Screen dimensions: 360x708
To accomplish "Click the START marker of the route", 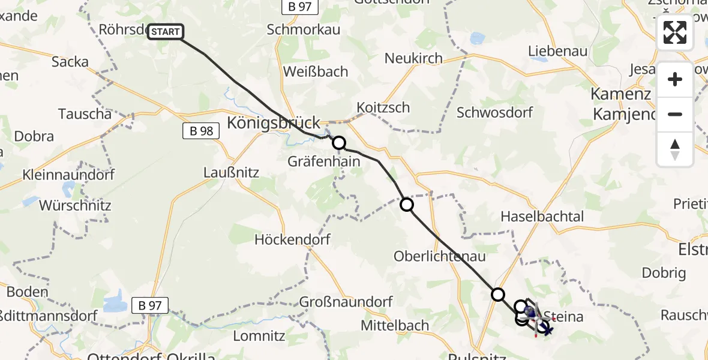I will pyautogui.click(x=166, y=32).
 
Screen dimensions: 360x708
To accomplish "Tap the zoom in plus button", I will pyautogui.click(x=675, y=79).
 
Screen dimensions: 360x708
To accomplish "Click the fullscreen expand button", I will pyautogui.click(x=675, y=32).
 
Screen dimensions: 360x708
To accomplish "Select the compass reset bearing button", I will pyautogui.click(x=675, y=149).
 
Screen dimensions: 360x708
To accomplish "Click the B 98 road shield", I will pyautogui.click(x=200, y=131).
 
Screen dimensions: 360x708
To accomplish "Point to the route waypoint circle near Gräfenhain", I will pyautogui.click(x=339, y=143).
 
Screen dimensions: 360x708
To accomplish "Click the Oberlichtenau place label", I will pyautogui.click(x=430, y=256).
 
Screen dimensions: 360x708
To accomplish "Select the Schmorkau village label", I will pyautogui.click(x=303, y=29).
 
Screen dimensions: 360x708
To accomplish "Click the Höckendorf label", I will pyautogui.click(x=293, y=239).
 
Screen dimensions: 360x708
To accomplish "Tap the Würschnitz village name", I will pyautogui.click(x=75, y=205).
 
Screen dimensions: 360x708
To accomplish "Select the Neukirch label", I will pyautogui.click(x=413, y=58).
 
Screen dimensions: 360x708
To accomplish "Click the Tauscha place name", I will pyautogui.click(x=85, y=113).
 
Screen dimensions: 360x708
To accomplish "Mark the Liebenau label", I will pyautogui.click(x=557, y=51).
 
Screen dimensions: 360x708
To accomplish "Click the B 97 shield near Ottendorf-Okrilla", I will pyautogui.click(x=149, y=305).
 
